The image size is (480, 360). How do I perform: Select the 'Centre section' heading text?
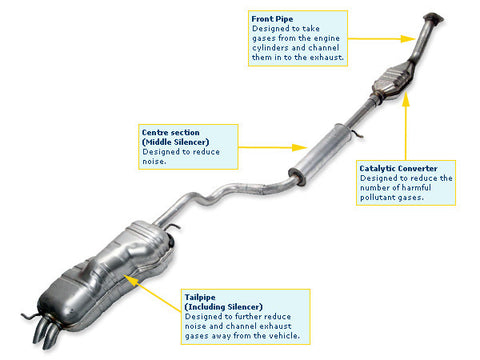pos(171,132)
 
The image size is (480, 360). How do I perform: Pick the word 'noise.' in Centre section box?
pos(156,162)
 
